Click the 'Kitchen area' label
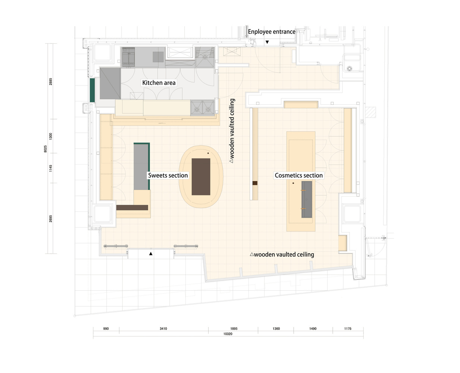point(159,83)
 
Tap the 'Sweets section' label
point(168,175)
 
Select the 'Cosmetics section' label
point(299,175)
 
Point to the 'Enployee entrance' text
point(272,32)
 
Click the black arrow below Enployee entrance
point(267,42)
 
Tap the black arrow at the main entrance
point(151,254)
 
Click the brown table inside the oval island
point(201,177)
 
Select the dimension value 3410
point(163,329)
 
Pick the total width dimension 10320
point(228,334)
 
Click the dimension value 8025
point(46,149)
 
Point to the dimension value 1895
point(234,329)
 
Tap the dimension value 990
point(106,329)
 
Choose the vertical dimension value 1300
point(50,136)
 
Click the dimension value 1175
point(348,329)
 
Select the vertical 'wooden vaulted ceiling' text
point(232,131)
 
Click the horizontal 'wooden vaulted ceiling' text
point(282,254)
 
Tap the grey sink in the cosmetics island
point(307,200)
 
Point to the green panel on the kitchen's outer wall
point(92,90)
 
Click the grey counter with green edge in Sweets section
point(141,166)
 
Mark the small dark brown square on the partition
point(255,183)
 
